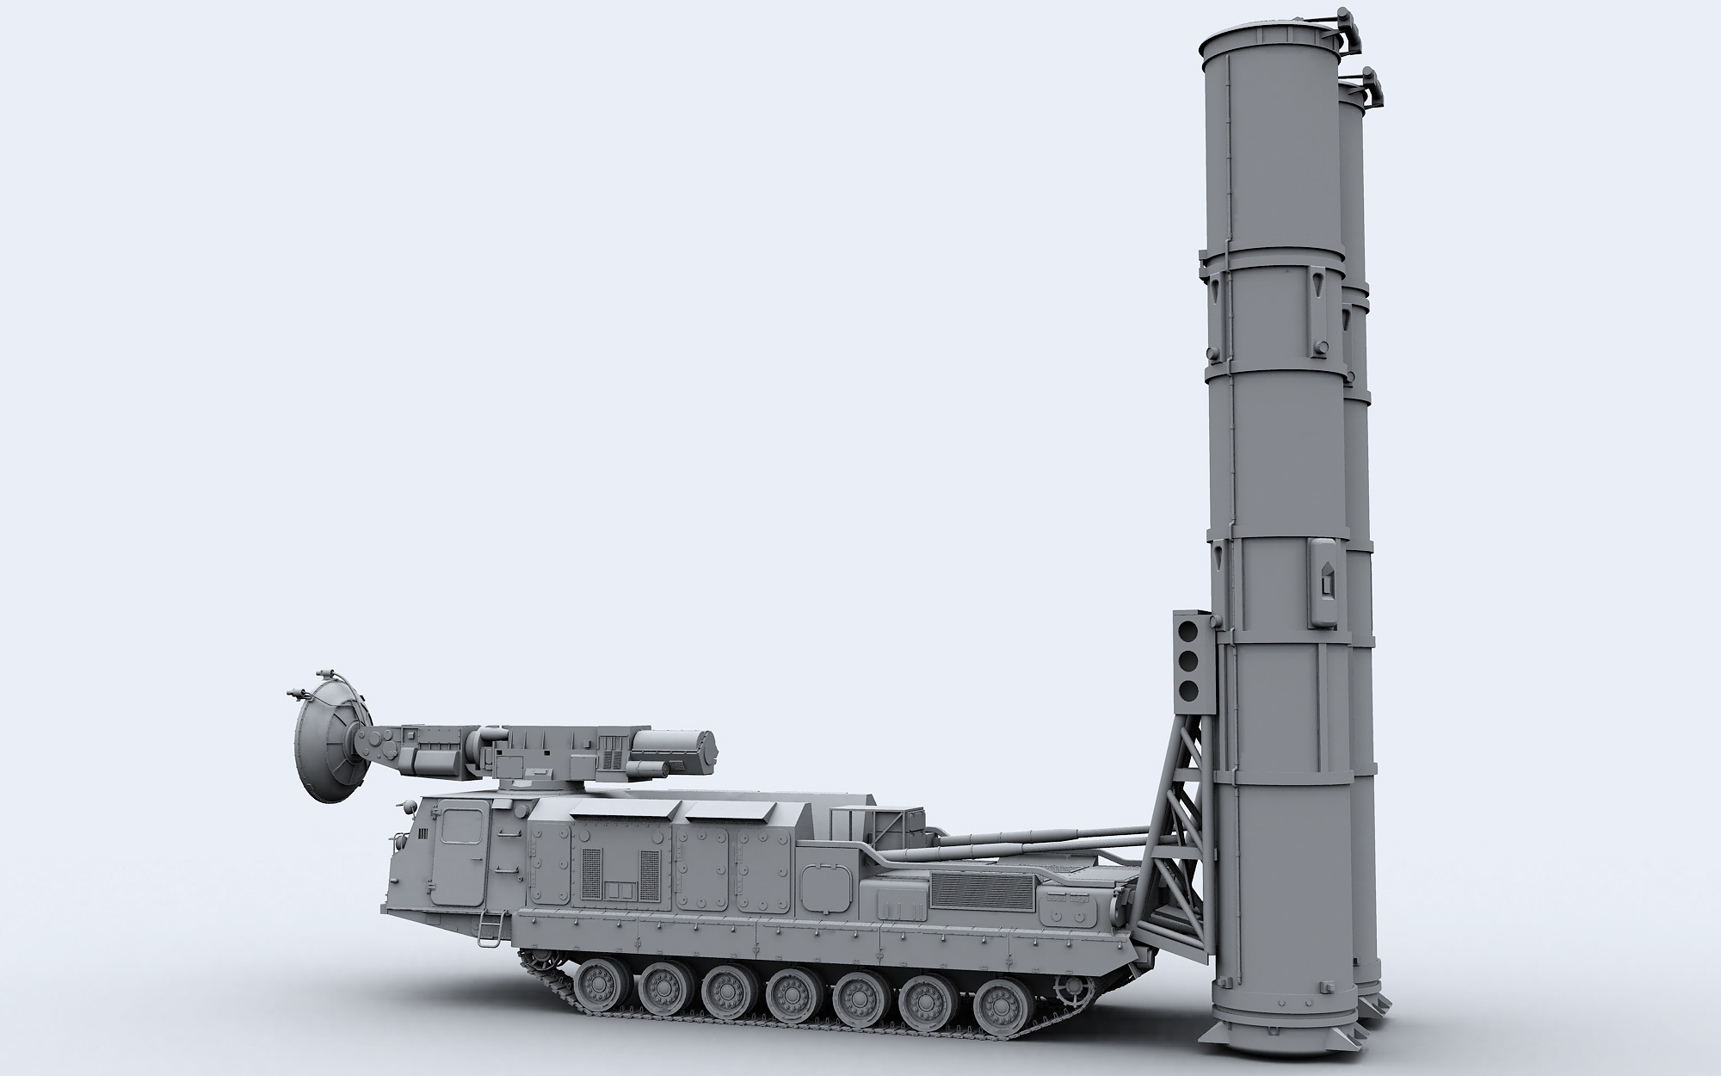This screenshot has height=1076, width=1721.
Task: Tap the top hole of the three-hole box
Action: pos(1190,630)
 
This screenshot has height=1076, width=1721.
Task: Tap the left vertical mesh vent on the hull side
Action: pos(592,881)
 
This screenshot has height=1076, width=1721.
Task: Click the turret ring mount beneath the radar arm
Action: pos(524,780)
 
